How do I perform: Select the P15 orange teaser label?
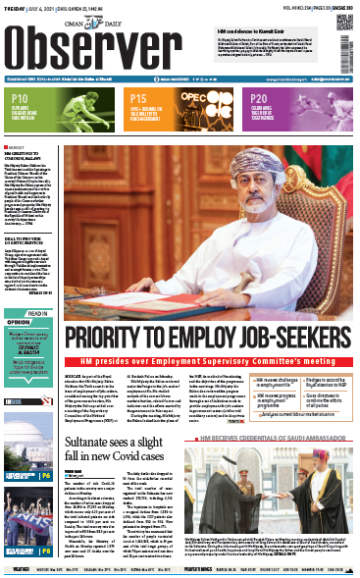pyautogui.click(x=139, y=99)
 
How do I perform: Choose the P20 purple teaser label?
pyautogui.click(x=259, y=99)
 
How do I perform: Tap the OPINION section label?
pyautogui.click(x=23, y=347)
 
